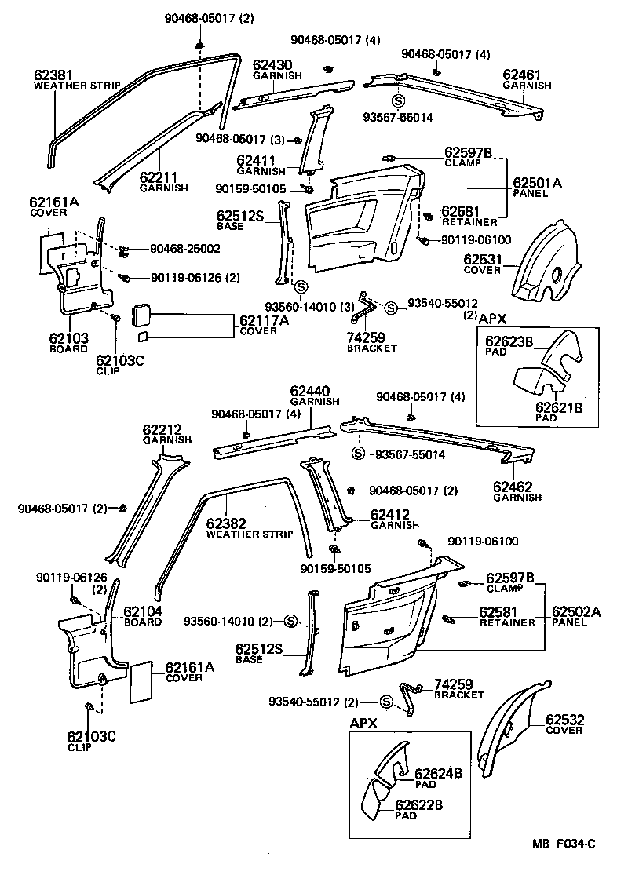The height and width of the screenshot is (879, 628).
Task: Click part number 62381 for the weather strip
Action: pos(51,75)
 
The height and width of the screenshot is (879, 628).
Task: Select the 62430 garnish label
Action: pos(271,65)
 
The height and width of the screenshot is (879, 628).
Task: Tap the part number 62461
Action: pos(521,75)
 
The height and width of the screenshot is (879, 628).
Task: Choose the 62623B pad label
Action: pos(509,341)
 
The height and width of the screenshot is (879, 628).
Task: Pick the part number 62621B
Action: pos(559,407)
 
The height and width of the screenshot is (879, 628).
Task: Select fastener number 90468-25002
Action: pos(185,248)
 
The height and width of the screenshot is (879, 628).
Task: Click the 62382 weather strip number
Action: pos(227,523)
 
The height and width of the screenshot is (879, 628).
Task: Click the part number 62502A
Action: pos(576,612)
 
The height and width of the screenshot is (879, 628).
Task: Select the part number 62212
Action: pos(162,430)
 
